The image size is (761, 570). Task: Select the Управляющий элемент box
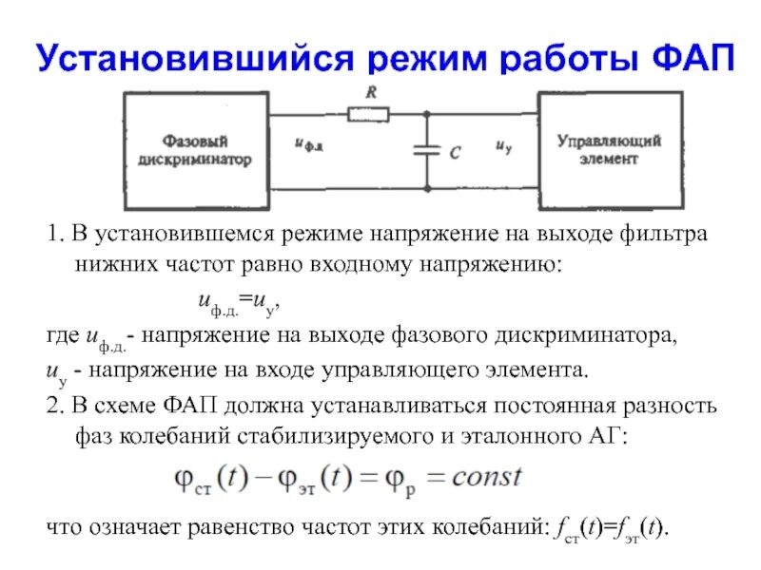coord(610,150)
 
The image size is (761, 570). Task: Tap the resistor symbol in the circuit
coord(367,115)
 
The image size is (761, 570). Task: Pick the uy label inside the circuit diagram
coord(505,146)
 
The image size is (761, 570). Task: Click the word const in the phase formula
coord(486,476)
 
